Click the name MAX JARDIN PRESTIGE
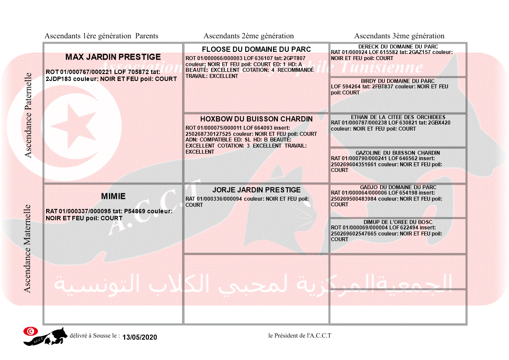point(113,57)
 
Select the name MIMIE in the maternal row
point(113,196)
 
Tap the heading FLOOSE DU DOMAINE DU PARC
point(256,49)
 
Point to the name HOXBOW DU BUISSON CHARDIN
point(256,119)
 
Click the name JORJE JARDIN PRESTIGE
point(256,190)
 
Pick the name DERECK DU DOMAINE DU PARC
point(398,47)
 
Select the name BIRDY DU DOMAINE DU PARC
point(398,81)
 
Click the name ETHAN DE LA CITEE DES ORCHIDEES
point(398,117)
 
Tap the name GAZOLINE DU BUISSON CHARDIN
point(398,153)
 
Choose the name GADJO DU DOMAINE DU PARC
point(398,187)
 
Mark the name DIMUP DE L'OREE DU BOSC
point(398,222)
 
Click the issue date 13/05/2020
point(139,337)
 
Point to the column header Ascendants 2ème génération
point(249,36)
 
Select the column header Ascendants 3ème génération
point(399,36)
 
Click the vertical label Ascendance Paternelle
point(28,115)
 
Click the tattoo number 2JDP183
point(59,79)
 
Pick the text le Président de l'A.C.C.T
point(300,336)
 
